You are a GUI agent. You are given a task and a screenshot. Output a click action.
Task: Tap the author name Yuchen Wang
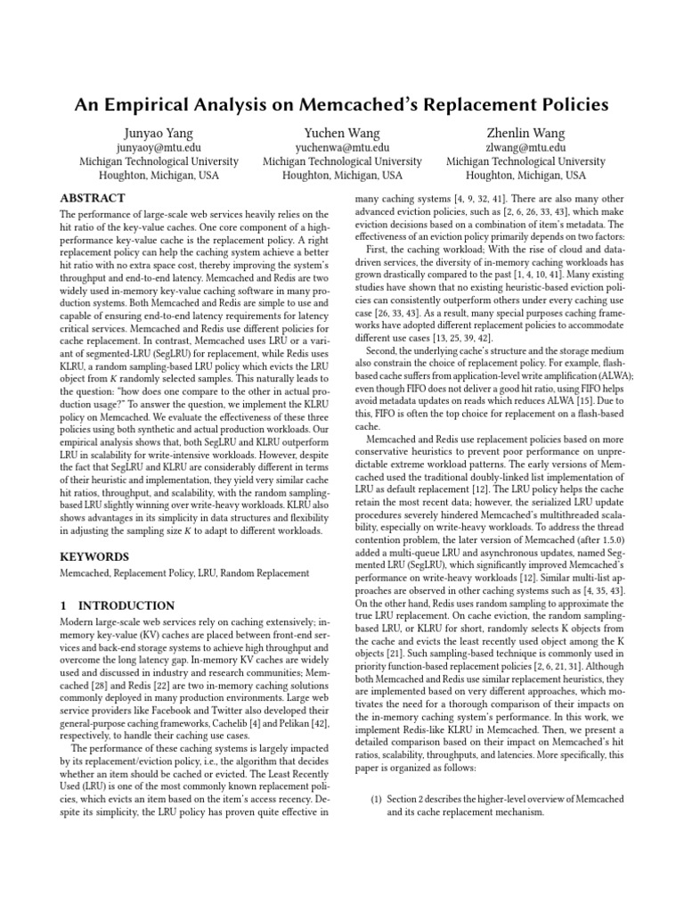342,133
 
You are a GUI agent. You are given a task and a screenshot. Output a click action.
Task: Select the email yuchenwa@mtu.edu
342,148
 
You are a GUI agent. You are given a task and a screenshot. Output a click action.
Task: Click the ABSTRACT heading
93,198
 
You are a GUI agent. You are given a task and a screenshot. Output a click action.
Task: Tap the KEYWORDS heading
94,556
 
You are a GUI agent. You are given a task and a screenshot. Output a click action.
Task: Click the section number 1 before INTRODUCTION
63,605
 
